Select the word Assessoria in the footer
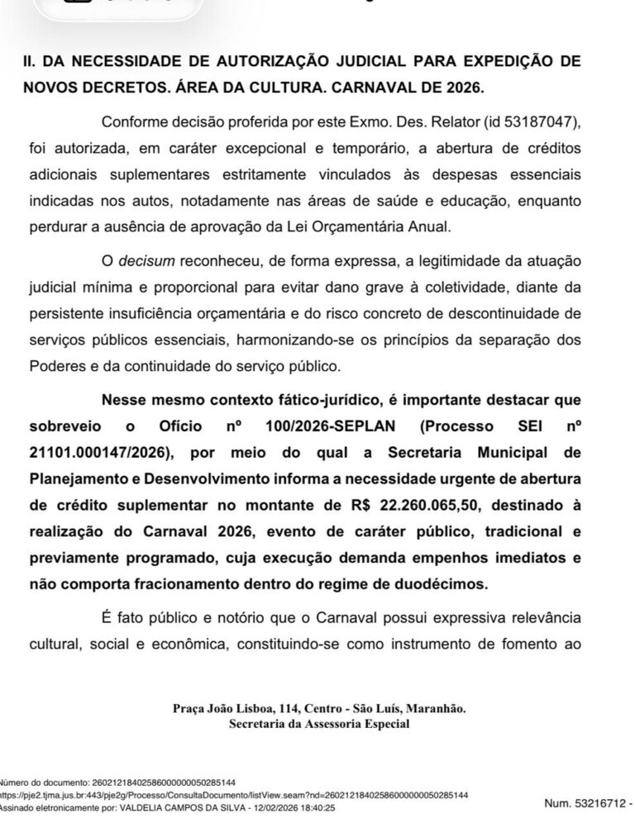tap(340, 724)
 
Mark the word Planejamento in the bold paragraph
tap(74, 480)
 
